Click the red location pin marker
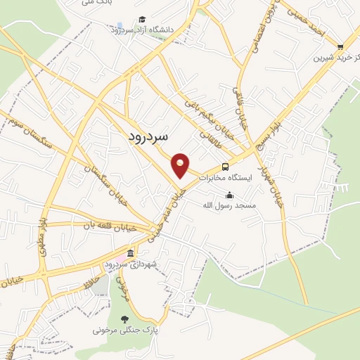pos(181,165)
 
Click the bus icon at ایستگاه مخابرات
pos(225,167)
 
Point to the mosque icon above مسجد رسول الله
pos(229,195)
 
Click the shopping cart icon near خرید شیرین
pos(340,48)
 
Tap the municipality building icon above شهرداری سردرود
pos(130,253)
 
